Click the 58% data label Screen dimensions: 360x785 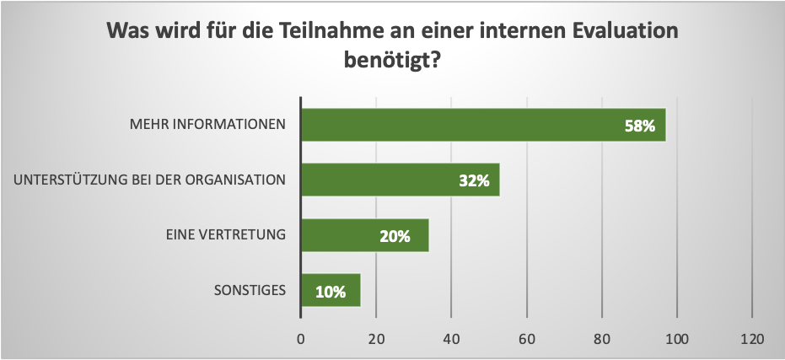[x=640, y=126]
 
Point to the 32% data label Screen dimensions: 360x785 [x=475, y=181]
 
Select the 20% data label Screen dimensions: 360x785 [x=395, y=237]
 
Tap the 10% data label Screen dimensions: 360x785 [x=331, y=293]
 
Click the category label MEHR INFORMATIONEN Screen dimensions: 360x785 [x=207, y=125]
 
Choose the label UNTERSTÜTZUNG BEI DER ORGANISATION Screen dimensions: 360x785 [x=150, y=180]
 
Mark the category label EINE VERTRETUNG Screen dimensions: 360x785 [x=225, y=235]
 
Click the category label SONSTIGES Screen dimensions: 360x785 [x=250, y=291]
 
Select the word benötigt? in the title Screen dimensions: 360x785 [x=392, y=62]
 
